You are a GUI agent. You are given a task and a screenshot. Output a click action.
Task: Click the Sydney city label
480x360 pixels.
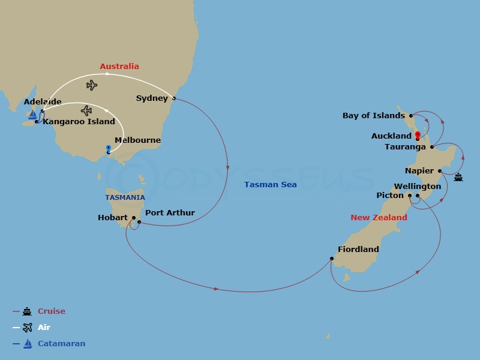pos(152,98)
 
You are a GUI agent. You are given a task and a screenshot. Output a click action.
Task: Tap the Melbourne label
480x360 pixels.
pos(137,140)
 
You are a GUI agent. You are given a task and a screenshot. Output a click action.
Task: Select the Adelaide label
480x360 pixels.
pos(43,102)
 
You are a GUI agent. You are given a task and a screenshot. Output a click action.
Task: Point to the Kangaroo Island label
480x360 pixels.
pos(79,121)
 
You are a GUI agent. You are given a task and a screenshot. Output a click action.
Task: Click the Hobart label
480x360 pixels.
pos(112,217)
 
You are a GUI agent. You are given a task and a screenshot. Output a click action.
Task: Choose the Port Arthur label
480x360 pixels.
pos(170,212)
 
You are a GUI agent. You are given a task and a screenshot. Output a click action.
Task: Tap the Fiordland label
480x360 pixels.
pos(358,249)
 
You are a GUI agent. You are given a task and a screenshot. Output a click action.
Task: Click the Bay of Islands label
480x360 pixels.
pos(373,115)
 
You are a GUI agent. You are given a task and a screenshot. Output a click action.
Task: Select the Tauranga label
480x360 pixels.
pos(406,146)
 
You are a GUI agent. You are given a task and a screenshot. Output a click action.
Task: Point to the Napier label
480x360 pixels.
pos(419,170)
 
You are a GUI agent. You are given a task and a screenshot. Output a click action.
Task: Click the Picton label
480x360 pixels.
pos(390,195)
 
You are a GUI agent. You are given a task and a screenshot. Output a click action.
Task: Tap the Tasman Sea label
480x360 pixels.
pos(271,184)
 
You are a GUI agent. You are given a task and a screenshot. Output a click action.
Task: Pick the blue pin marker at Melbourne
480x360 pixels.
pos(108,148)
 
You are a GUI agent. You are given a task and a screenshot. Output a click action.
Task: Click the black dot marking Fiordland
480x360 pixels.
pos(331,259)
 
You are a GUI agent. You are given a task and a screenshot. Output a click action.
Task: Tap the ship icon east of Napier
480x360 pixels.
pos(458,177)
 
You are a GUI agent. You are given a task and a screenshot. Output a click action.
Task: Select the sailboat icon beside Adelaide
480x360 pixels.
pos(32,114)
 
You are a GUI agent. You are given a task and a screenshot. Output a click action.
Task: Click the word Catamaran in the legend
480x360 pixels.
pos(61,344)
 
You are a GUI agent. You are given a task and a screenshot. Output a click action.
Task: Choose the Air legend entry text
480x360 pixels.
pos(44,328)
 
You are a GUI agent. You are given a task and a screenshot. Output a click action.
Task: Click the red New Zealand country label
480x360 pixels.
pos(379,217)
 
